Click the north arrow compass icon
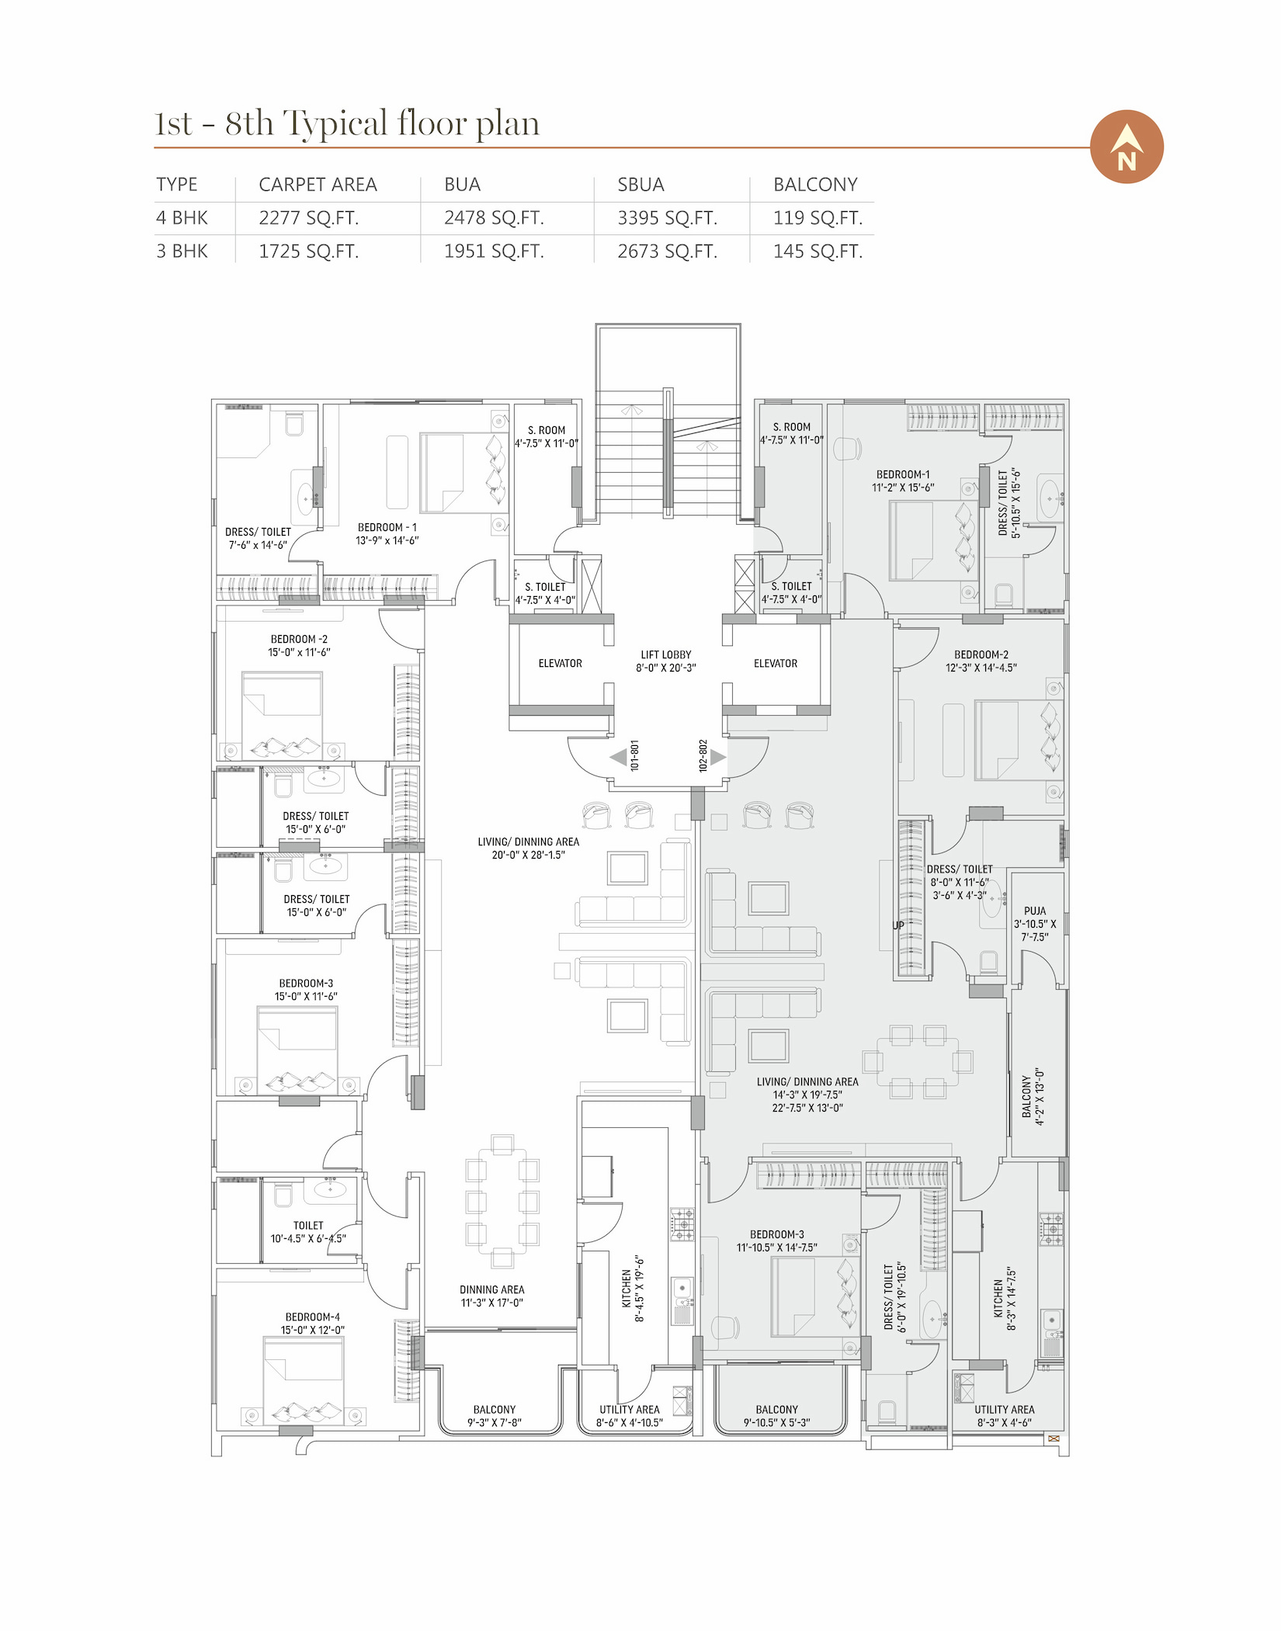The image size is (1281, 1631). (1127, 147)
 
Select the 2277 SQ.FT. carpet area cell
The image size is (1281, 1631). (309, 218)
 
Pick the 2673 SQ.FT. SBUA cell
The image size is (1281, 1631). (668, 252)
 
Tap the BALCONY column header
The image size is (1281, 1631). (815, 185)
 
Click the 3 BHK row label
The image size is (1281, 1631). (182, 252)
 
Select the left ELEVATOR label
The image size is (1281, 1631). (561, 664)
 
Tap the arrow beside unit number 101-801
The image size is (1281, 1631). (618, 757)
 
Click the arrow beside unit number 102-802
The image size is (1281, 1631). (718, 757)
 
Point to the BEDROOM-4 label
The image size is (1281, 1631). (313, 1317)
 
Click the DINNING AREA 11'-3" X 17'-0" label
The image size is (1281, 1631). (492, 1296)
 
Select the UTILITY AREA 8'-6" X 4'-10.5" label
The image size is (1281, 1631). (630, 1416)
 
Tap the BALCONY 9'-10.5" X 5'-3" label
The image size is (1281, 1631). (777, 1416)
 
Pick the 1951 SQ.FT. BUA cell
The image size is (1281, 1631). (494, 252)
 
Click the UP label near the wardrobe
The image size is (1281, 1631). (898, 925)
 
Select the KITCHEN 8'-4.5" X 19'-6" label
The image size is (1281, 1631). (634, 1289)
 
